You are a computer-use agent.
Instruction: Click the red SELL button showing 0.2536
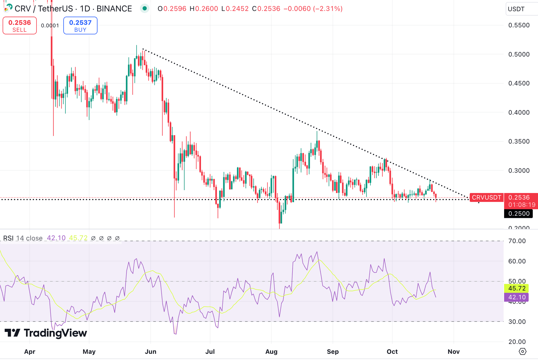(x=20, y=25)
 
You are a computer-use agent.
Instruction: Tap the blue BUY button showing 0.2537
(x=80, y=25)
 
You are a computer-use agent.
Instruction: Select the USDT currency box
(x=521, y=9)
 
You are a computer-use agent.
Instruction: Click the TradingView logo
(x=46, y=333)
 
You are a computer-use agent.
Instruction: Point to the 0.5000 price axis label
(x=519, y=54)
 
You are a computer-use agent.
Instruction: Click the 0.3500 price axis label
(x=519, y=142)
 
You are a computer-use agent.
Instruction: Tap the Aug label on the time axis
(x=271, y=352)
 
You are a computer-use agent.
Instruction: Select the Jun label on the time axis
(x=151, y=352)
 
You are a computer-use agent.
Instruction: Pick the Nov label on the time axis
(x=453, y=352)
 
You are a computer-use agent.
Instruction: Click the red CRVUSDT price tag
(x=487, y=197)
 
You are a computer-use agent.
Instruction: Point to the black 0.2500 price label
(x=519, y=213)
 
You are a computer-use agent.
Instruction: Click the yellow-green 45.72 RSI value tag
(x=516, y=288)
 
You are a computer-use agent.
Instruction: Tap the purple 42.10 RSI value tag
(x=516, y=297)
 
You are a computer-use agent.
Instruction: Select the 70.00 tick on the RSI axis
(x=517, y=241)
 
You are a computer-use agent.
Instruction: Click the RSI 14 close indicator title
(x=23, y=238)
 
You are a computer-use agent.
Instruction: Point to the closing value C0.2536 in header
(x=266, y=9)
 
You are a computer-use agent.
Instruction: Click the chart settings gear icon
(x=523, y=351)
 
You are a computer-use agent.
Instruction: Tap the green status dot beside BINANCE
(x=144, y=9)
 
